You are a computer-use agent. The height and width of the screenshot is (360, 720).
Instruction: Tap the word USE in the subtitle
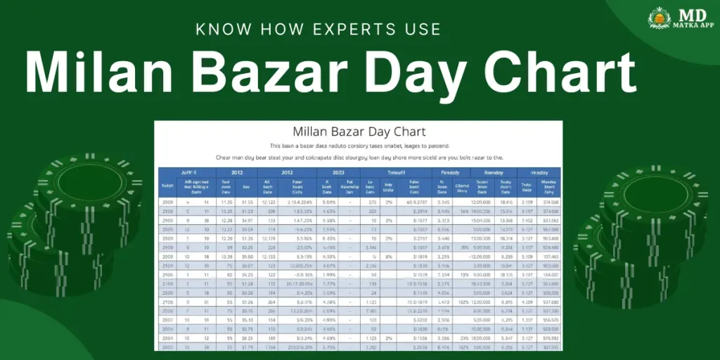click(x=419, y=29)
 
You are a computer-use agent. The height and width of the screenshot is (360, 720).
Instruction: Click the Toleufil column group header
click(x=390, y=172)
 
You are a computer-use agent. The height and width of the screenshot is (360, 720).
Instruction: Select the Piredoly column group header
click(x=450, y=172)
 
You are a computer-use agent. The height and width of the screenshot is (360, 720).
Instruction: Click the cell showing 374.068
click(x=551, y=202)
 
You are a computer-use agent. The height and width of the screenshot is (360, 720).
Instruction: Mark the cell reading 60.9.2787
click(x=418, y=202)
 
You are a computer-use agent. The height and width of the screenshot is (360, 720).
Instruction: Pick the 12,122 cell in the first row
click(x=268, y=202)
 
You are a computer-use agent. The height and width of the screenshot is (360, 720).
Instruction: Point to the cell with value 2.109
click(x=527, y=202)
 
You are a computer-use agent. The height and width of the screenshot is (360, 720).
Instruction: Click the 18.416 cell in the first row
click(x=505, y=202)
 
